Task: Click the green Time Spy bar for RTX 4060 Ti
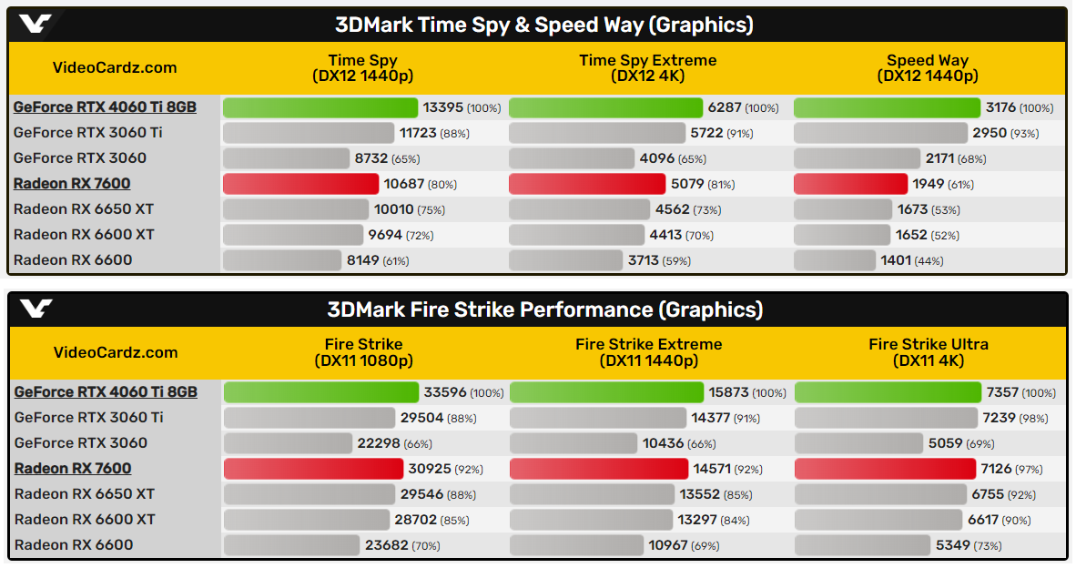point(320,107)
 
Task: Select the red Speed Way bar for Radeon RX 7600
point(850,184)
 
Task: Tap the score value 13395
point(444,107)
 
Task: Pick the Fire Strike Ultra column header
point(928,352)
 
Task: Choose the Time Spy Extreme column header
point(647,67)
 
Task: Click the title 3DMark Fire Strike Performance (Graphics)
point(544,309)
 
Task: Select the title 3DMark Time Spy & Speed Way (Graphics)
point(544,25)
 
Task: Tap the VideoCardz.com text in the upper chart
point(115,67)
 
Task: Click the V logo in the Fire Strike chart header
point(36,309)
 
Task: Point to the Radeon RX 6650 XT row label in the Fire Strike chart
point(84,494)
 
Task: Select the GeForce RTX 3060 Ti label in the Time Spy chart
point(87,133)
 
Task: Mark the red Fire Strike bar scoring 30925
point(313,469)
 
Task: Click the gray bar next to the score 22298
point(288,443)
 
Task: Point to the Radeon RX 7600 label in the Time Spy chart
point(72,184)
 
